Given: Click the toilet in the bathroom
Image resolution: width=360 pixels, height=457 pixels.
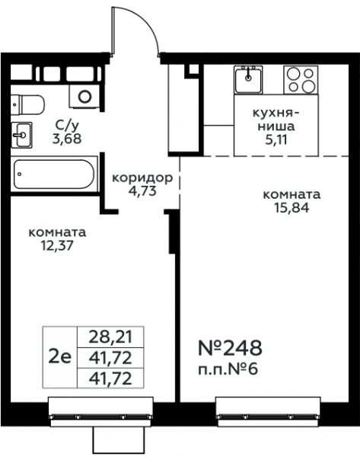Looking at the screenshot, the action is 27,105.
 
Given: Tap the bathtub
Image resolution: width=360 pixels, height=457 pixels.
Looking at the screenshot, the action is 54,174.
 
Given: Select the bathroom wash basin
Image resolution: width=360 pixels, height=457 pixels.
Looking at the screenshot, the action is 21,135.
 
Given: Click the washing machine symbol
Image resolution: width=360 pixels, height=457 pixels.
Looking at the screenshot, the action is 84,96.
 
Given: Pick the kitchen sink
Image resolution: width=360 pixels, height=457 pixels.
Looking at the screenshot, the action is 248,79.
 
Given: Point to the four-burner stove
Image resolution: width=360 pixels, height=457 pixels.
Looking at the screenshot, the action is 301,79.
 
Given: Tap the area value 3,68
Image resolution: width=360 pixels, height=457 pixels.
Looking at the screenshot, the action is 67,139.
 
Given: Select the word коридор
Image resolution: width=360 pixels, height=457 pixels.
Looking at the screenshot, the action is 142,177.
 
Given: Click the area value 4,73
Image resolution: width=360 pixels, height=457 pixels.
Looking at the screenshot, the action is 142,191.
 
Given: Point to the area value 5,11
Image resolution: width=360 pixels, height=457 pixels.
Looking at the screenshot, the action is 276,140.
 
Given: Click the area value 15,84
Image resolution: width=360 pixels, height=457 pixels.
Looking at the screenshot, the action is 292,208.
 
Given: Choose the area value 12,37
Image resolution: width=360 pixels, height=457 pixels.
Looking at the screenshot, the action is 57,246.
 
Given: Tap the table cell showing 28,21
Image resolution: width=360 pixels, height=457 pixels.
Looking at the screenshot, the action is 110,337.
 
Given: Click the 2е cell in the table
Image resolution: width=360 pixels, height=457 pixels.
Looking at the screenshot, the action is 59,357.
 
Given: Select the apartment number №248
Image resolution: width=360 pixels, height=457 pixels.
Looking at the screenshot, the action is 230,348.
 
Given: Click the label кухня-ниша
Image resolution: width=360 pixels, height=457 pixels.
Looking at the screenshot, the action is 276,120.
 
